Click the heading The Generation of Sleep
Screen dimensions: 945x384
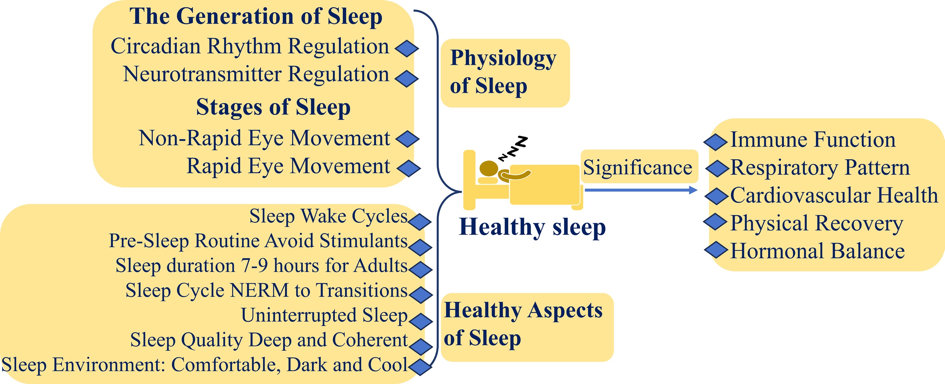coord(256,17)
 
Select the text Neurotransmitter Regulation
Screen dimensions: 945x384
coord(256,74)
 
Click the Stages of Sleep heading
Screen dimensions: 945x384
coord(273,107)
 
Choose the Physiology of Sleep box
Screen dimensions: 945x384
coord(505,73)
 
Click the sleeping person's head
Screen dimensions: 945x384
coord(489,169)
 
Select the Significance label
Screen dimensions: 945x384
coord(638,168)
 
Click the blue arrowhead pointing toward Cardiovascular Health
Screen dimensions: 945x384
coord(693,190)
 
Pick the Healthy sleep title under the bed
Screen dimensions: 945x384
coord(532,227)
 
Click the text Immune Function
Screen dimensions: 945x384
coord(813,140)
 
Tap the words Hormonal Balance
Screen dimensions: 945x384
coord(817,251)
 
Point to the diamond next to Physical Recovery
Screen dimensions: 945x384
coord(715,221)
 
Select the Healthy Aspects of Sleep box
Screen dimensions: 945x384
coord(527,327)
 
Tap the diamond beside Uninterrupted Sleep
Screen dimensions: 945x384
coord(420,321)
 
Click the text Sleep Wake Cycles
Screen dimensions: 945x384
coord(329,216)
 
